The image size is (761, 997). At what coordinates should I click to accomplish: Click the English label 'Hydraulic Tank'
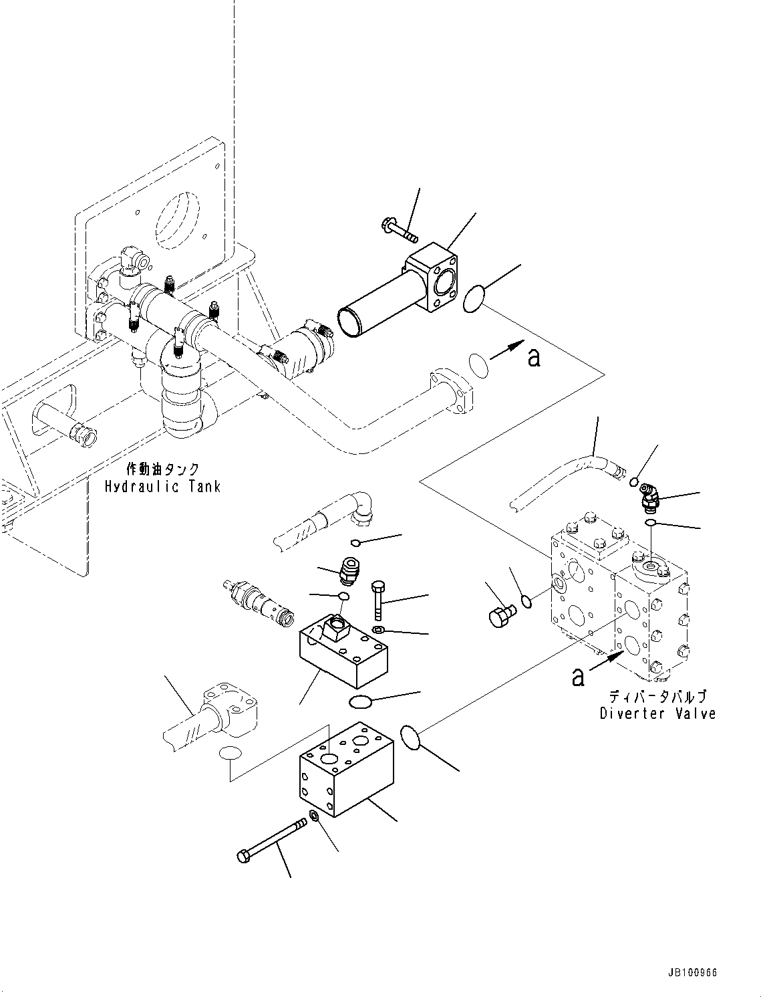point(162,486)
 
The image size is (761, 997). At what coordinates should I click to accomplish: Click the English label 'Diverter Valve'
point(657,713)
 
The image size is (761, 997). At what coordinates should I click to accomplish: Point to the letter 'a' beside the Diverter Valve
point(578,677)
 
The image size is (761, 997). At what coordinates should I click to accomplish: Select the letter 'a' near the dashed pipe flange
point(533,358)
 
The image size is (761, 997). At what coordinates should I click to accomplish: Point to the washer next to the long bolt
point(313,817)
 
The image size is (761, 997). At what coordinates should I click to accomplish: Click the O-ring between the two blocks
point(361,701)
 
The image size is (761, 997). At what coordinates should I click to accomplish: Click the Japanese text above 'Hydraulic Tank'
point(162,470)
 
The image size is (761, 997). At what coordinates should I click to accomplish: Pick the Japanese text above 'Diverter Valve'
point(657,697)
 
